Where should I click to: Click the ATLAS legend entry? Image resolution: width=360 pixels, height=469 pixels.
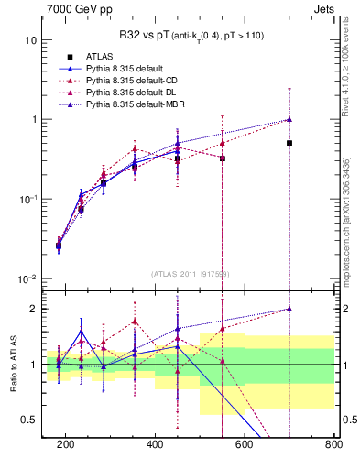pyautogui.click(x=102, y=57)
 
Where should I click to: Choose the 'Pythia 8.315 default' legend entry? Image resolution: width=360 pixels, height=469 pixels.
pyautogui.click(x=128, y=70)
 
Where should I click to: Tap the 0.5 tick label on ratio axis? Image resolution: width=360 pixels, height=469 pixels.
pyautogui.click(x=28, y=420)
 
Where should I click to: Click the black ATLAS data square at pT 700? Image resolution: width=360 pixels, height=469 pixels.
pyautogui.click(x=289, y=143)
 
